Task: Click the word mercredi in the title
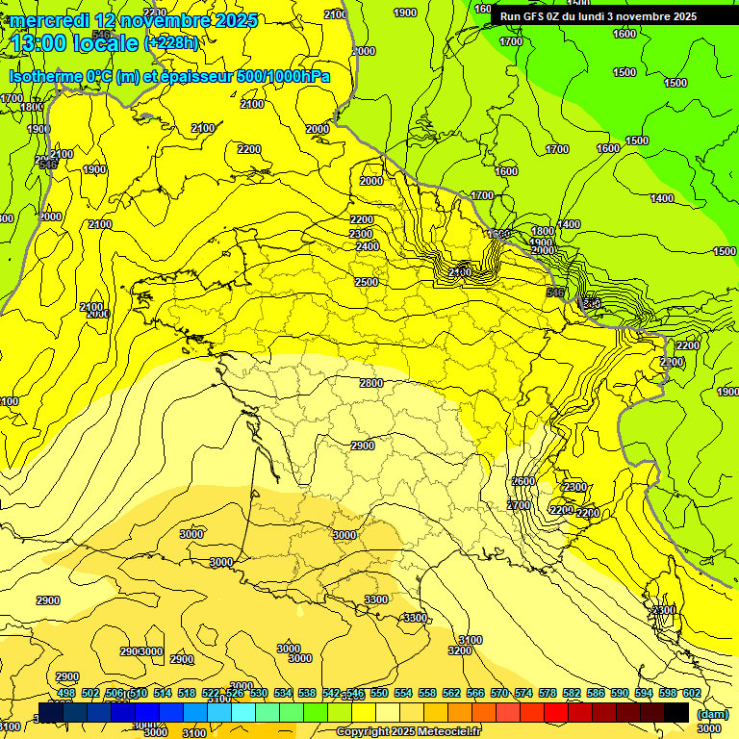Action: point(49,20)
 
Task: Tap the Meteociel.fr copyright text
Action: point(410,732)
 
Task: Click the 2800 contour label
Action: point(371,383)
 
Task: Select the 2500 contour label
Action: point(366,282)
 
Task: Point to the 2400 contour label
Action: point(367,246)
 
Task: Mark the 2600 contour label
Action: point(522,481)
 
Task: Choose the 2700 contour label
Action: point(519,505)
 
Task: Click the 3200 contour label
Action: point(460,651)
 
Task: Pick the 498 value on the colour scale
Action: point(66,693)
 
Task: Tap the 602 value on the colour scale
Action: point(691,693)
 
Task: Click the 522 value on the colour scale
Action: point(211,693)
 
